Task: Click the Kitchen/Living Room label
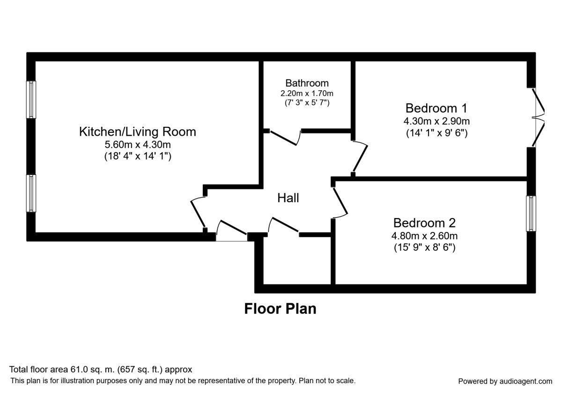[x=137, y=131]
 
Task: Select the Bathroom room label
[x=307, y=83]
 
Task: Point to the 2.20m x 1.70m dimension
[x=307, y=93]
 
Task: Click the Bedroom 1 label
[x=436, y=108]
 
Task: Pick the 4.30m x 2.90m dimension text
[x=436, y=121]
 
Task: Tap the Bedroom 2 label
[x=424, y=223]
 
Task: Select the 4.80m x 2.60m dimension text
[x=424, y=236]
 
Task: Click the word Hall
[x=288, y=198]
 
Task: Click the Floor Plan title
[x=280, y=309]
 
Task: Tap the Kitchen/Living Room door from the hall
[x=198, y=213]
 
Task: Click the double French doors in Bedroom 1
[x=540, y=117]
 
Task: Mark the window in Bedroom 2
[x=531, y=213]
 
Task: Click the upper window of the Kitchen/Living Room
[x=31, y=99]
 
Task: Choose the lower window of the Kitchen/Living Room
[x=31, y=193]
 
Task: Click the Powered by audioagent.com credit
[x=505, y=381]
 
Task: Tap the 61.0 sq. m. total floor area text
[x=101, y=370]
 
